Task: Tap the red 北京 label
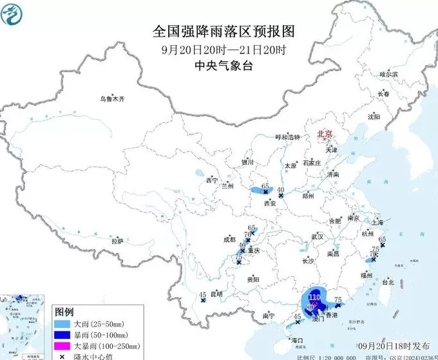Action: tap(324, 134)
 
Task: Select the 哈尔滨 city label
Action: tap(388, 75)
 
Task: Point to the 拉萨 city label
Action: tap(117, 241)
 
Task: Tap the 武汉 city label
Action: tap(316, 237)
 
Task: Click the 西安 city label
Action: tap(270, 203)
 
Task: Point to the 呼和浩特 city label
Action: tap(288, 137)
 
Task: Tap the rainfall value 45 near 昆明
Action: tap(202, 295)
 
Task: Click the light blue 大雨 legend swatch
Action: tap(62, 324)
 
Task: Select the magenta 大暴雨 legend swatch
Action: tap(62, 346)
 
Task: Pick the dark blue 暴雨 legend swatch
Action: tap(62, 335)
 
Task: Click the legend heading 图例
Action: tap(65, 312)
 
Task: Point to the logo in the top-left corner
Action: tap(14, 14)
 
